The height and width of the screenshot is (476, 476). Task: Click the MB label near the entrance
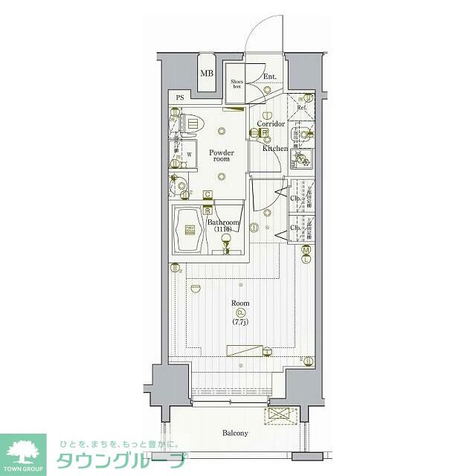(x=207, y=73)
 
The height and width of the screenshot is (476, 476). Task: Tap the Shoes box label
(x=237, y=83)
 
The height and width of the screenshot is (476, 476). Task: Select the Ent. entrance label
(x=269, y=77)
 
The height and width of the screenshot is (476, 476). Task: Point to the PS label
(x=180, y=98)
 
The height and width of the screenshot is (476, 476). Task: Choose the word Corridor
(x=271, y=123)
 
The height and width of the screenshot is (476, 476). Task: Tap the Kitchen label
(x=274, y=148)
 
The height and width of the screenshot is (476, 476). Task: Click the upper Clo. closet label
(x=295, y=199)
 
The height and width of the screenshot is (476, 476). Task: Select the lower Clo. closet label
(x=295, y=228)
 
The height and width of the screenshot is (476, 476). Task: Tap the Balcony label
(x=234, y=433)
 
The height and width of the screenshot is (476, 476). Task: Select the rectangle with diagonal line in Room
(x=245, y=351)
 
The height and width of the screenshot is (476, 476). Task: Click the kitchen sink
(x=303, y=158)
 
